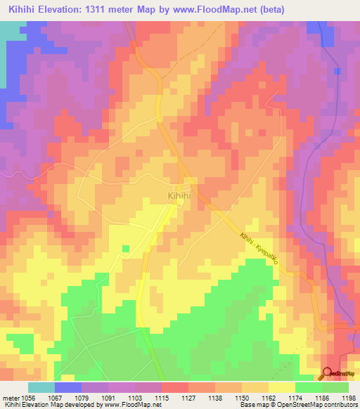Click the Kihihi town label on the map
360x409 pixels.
click(x=179, y=196)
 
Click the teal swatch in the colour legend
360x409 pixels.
click(x=41, y=387)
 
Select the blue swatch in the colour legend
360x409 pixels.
click(x=67, y=387)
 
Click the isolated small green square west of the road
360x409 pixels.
click(x=126, y=248)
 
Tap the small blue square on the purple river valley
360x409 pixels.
click(x=338, y=71)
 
